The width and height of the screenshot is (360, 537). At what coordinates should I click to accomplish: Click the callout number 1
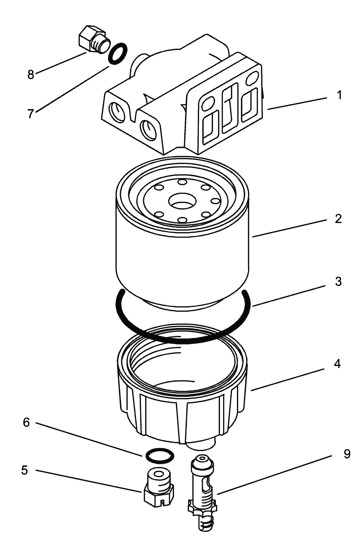(x=339, y=95)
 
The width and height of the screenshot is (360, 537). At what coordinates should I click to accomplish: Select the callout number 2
(x=338, y=219)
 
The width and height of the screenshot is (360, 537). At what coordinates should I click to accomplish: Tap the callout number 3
(x=338, y=282)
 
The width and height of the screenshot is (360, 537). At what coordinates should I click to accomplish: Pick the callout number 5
(x=24, y=470)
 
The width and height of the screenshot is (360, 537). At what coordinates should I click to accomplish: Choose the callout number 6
(x=26, y=422)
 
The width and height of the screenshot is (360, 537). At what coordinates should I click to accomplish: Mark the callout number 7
(x=31, y=114)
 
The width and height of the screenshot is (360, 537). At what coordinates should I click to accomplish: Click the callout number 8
(x=31, y=74)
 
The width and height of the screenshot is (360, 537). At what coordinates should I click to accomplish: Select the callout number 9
(x=347, y=454)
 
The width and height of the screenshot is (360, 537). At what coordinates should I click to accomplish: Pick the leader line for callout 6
(x=89, y=440)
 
